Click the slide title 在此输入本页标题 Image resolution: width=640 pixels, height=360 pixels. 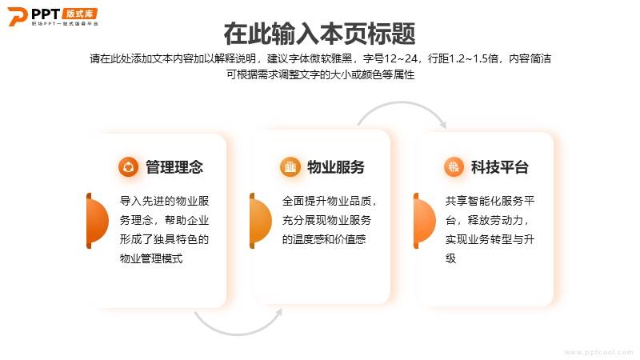click(319, 34)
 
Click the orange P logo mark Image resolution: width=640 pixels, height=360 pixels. click(17, 17)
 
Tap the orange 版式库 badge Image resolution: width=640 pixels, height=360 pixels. click(79, 14)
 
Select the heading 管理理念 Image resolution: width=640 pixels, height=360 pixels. click(174, 167)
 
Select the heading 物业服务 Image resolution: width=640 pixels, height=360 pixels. click(335, 167)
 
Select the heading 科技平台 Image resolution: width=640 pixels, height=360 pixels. click(499, 167)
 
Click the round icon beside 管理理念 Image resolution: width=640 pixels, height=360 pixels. click(128, 167)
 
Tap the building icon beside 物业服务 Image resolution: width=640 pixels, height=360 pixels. click(290, 167)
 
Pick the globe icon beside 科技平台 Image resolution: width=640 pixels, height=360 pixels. click(454, 167)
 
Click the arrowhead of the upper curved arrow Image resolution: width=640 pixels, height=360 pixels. click(443, 124)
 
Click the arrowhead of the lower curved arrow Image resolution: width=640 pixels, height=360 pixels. click(278, 312)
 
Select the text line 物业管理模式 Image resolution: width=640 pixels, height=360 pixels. click(151, 258)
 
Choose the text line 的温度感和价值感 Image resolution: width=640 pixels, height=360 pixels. click(324, 239)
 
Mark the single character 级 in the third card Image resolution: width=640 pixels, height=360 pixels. click(450, 258)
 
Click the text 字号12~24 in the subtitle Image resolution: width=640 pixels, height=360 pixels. click(390, 58)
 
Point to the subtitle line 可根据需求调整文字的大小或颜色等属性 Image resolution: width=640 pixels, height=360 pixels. click(321, 74)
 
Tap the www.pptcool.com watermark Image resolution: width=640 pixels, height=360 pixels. click(598, 352)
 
